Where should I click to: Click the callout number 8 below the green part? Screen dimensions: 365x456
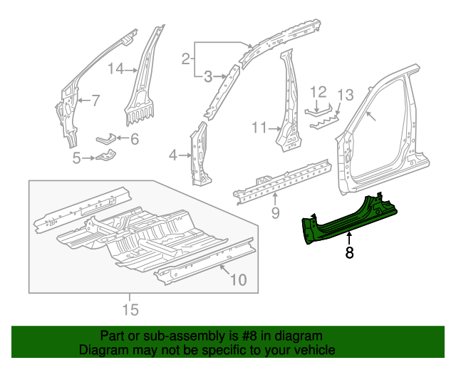tap(349, 252)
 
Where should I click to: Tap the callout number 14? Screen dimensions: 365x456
tap(116, 68)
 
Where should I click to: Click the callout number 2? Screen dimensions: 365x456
tap(185, 59)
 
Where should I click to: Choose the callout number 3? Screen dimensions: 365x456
tap(208, 76)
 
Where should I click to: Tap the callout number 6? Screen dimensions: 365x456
tap(133, 139)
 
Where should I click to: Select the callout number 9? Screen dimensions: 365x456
tap(275, 213)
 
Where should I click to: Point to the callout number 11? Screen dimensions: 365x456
tap(259, 128)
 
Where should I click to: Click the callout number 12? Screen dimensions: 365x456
tap(318, 91)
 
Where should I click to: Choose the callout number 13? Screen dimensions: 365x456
tap(345, 95)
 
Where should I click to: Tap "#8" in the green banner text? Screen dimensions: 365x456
tap(252, 336)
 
